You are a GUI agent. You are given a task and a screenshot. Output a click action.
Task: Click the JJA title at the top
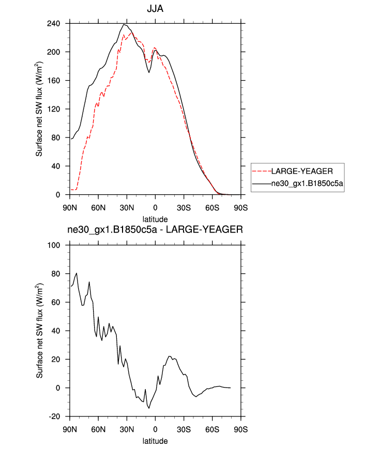tap(155, 9)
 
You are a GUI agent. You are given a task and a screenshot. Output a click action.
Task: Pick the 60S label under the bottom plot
tap(213, 429)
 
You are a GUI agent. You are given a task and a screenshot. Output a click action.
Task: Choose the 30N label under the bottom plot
tap(127, 429)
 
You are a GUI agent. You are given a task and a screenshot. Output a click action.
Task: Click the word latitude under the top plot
tap(155, 220)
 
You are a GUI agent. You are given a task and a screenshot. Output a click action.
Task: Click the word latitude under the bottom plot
tap(155, 441)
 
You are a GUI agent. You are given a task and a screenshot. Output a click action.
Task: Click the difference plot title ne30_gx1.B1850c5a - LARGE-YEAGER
tap(155, 230)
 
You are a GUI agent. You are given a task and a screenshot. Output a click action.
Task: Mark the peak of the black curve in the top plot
tap(125, 24)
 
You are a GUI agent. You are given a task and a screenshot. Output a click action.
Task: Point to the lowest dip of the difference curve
tap(149, 408)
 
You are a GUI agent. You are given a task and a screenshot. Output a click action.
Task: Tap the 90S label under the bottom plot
tap(241, 429)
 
